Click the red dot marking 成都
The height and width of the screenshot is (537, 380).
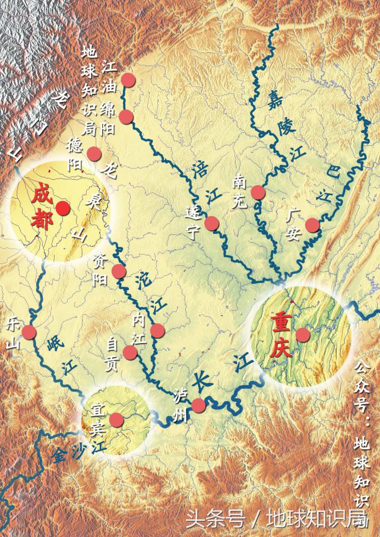pos(63,208)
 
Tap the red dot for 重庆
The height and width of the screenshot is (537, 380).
pos(303,335)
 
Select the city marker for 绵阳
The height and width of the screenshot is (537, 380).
pos(125,116)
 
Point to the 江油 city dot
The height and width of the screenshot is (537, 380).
pos(128,80)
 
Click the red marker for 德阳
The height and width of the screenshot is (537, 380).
pos(94,153)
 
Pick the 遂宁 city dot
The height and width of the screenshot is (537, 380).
pos(212,223)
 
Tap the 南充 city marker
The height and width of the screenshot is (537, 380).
pos(258,192)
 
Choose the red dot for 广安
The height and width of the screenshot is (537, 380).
pos(312,225)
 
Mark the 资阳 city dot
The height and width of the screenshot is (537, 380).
pos(119,271)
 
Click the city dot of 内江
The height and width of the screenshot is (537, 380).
pos(157,331)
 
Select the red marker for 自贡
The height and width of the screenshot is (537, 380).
pos(132,353)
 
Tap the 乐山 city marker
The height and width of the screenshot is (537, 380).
pos(30,332)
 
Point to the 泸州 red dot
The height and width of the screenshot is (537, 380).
pos(198,405)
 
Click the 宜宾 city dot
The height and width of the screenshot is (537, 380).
pos(116,420)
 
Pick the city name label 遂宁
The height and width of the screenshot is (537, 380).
pos(192,222)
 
